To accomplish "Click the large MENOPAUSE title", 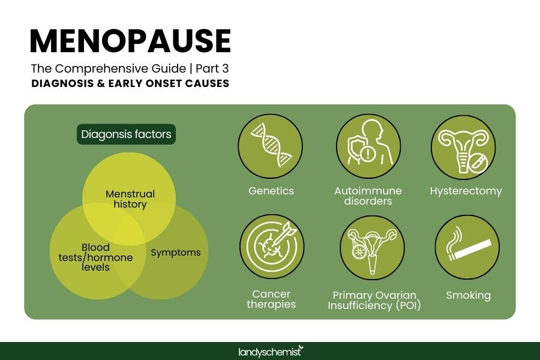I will pyautogui.click(x=130, y=41).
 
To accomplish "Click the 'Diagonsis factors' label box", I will pyautogui.click(x=126, y=134).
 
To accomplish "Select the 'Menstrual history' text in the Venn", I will pyautogui.click(x=130, y=199).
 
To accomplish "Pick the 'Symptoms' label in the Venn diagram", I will pyautogui.click(x=175, y=253).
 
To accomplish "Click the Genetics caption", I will pyautogui.click(x=271, y=191).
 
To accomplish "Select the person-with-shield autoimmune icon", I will pyautogui.click(x=368, y=146).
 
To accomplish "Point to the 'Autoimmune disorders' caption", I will pyautogui.click(x=368, y=196).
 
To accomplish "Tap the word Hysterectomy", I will pyautogui.click(x=466, y=191).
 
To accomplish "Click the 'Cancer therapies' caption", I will pyautogui.click(x=271, y=299).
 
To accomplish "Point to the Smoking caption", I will pyautogui.click(x=468, y=295).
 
